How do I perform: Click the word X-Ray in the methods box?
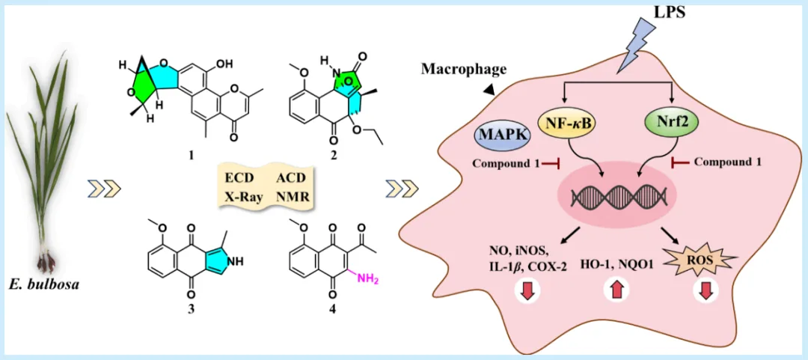click(x=242, y=198)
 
